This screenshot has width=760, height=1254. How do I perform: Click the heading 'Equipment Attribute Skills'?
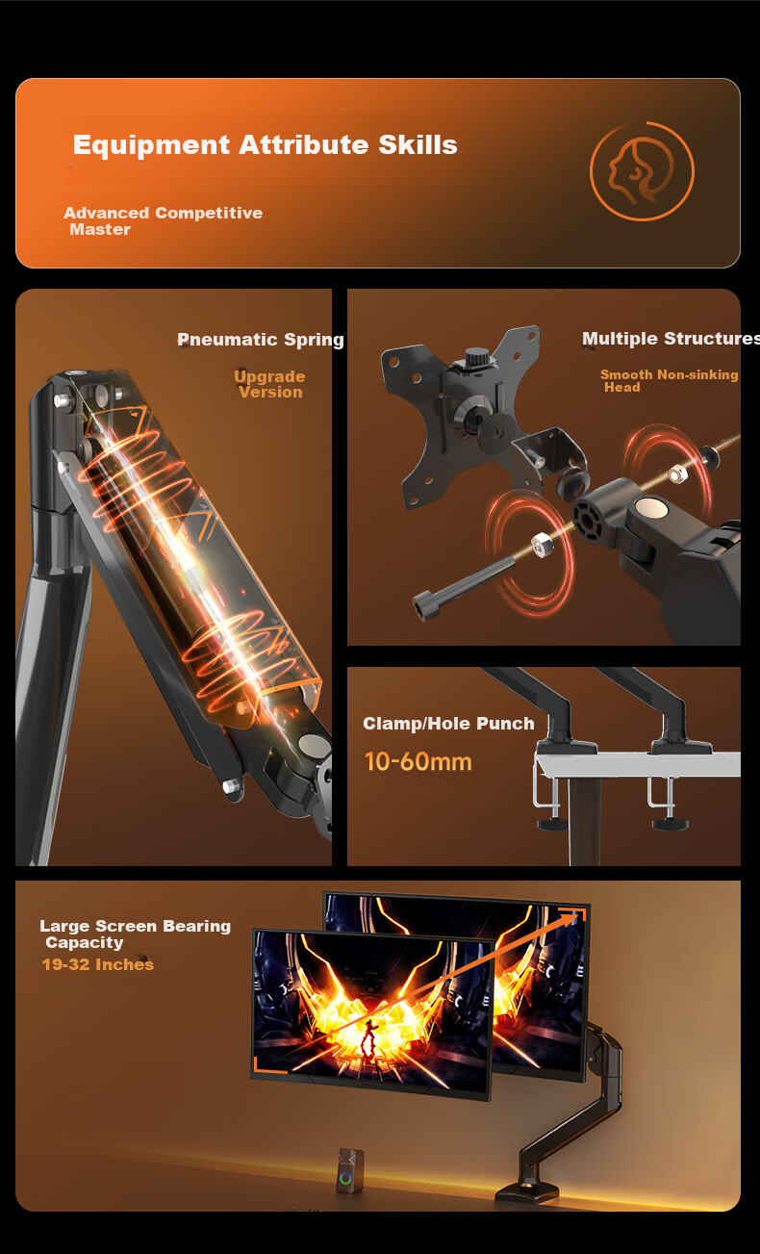(265, 145)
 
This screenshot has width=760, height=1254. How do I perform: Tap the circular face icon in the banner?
(642, 170)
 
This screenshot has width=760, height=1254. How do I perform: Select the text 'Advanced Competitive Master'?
(163, 221)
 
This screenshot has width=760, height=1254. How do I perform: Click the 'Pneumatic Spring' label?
(261, 340)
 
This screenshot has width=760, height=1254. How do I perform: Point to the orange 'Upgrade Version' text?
(269, 384)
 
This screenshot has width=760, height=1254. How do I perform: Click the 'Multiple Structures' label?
(671, 339)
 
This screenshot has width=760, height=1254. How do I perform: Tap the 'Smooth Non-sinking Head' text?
(669, 381)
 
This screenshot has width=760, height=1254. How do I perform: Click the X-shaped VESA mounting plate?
(460, 417)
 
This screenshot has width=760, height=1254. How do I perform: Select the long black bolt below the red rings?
(463, 588)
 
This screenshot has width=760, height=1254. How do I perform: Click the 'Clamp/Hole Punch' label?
(448, 724)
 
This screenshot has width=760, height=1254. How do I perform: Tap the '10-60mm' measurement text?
(418, 762)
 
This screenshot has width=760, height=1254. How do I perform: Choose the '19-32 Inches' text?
(98, 964)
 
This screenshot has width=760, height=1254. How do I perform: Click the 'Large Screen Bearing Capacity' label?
(135, 934)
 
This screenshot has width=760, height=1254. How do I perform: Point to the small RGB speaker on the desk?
(350, 1170)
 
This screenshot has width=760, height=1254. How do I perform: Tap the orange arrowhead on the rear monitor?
(575, 916)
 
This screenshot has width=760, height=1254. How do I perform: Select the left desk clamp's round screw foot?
(553, 824)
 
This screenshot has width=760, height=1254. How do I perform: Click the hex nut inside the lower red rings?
(541, 544)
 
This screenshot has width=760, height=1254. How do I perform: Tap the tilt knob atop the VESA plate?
(475, 355)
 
